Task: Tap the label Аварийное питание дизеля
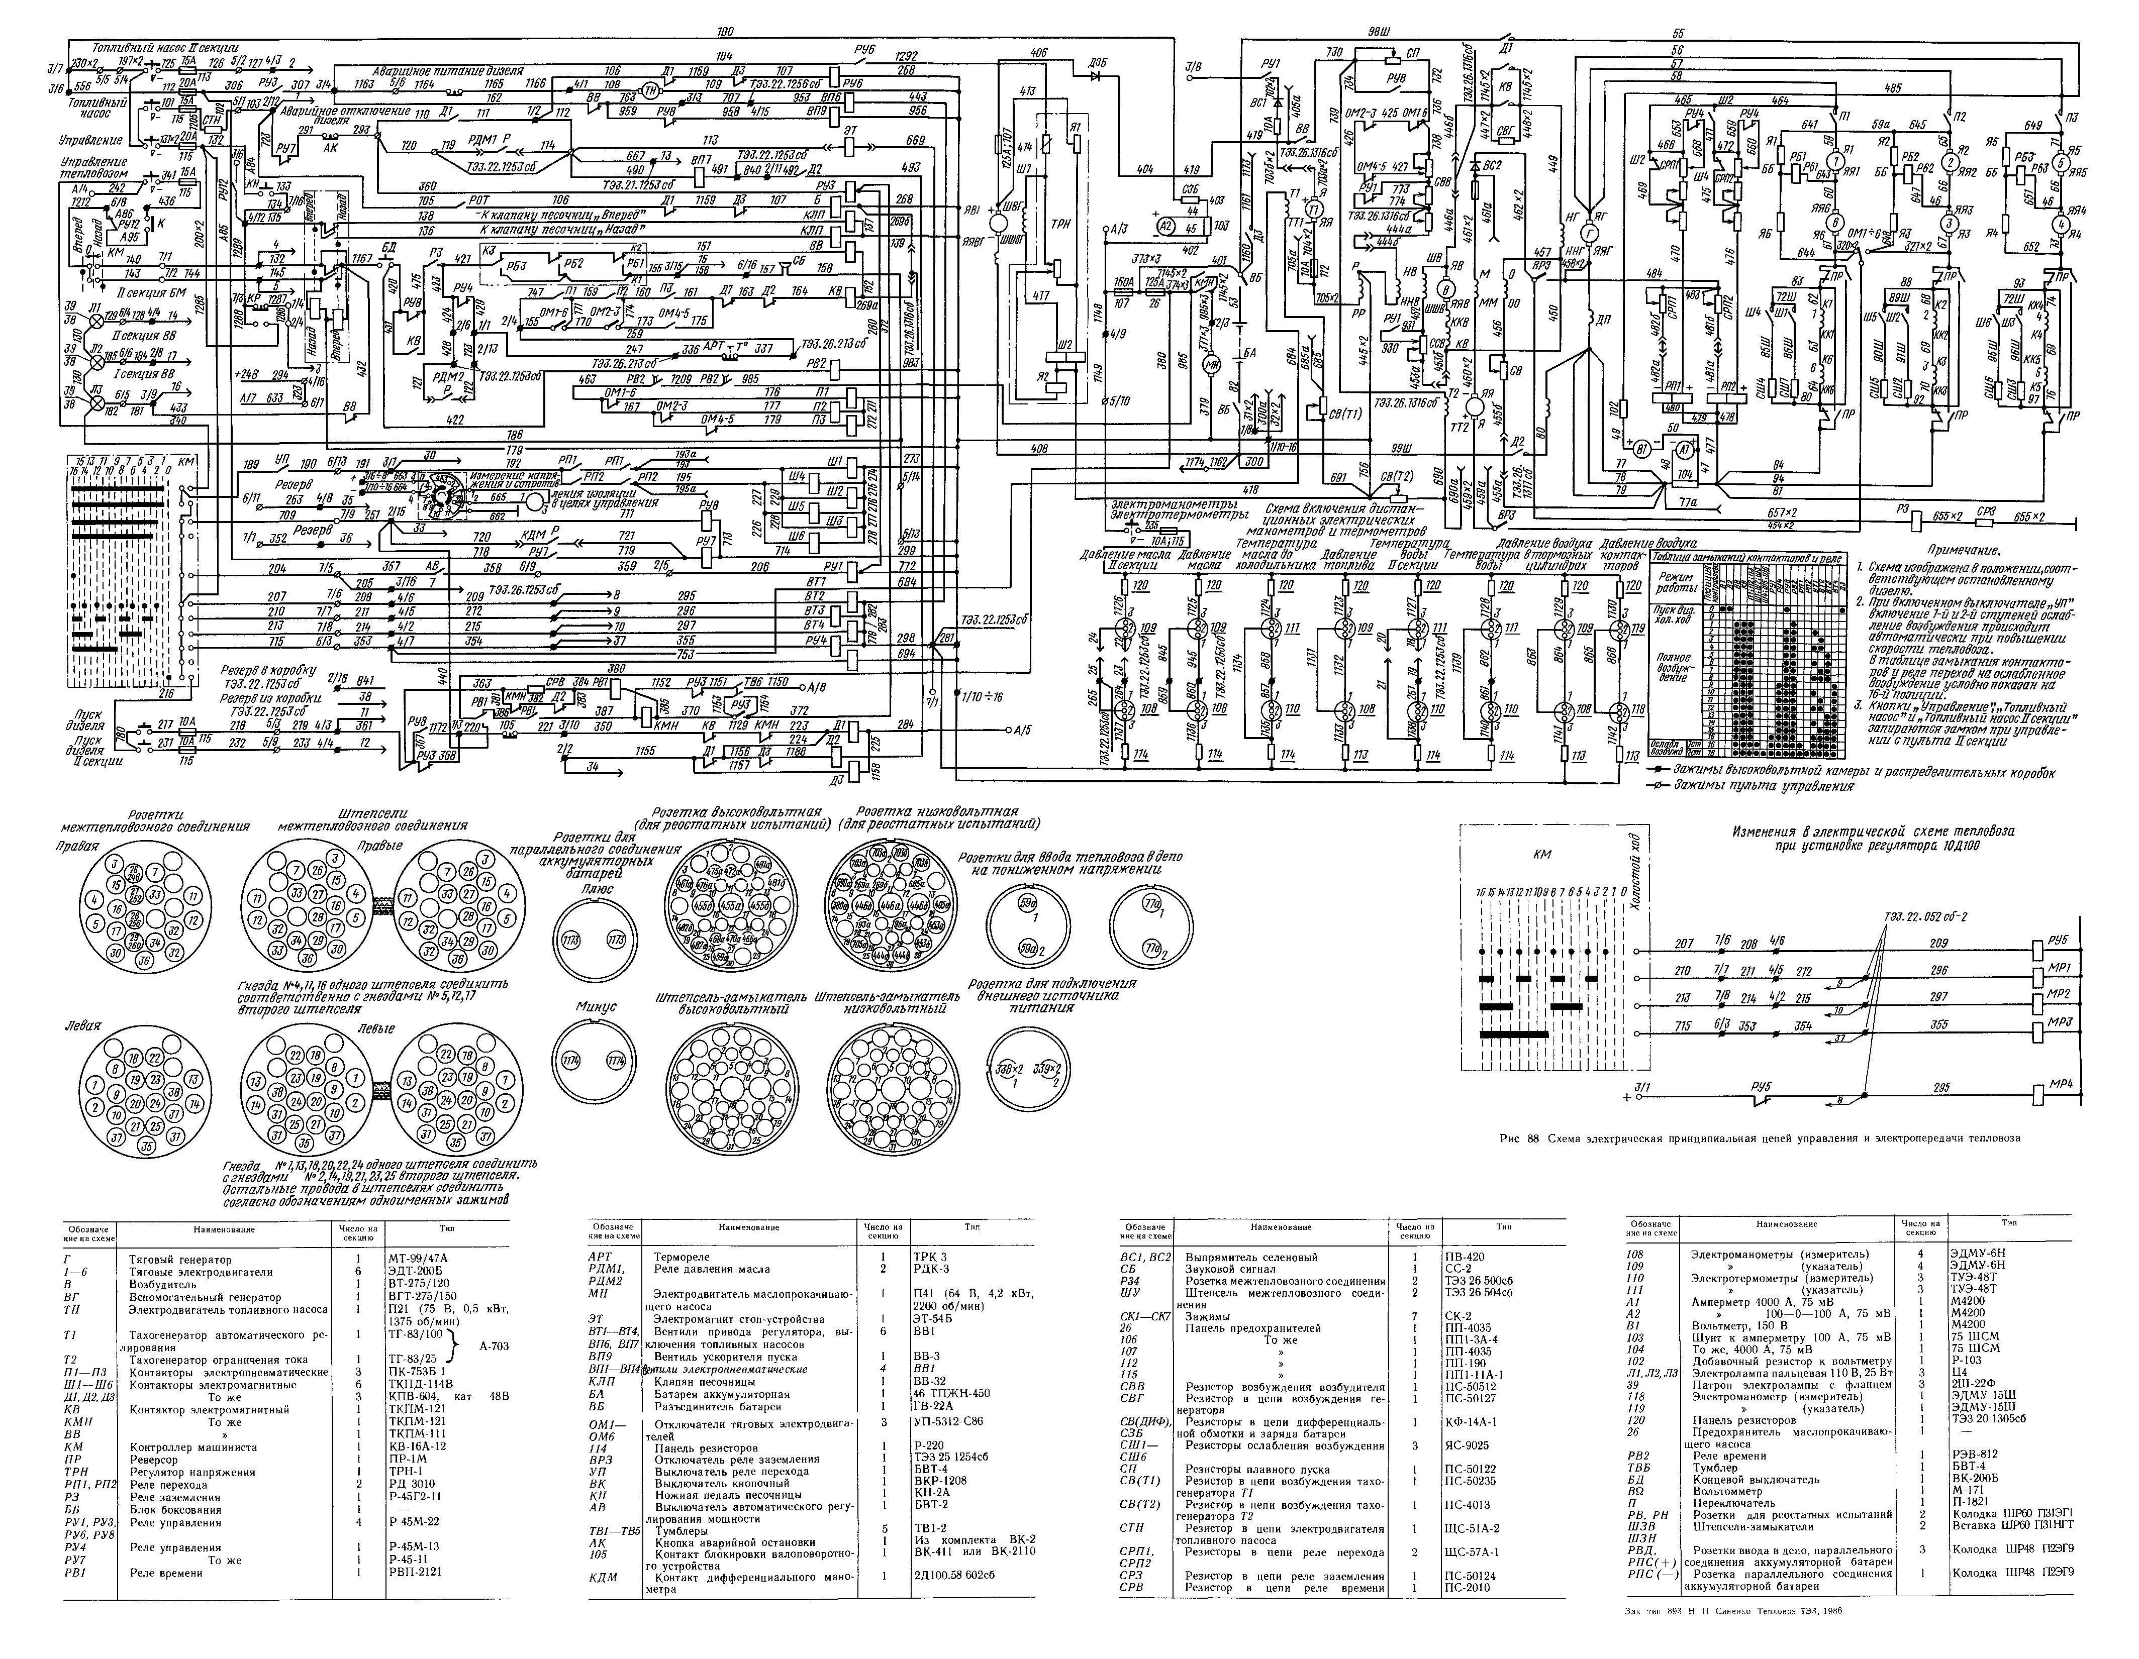pyautogui.click(x=448, y=71)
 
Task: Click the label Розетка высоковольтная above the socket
pyautogui.click(x=736, y=812)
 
